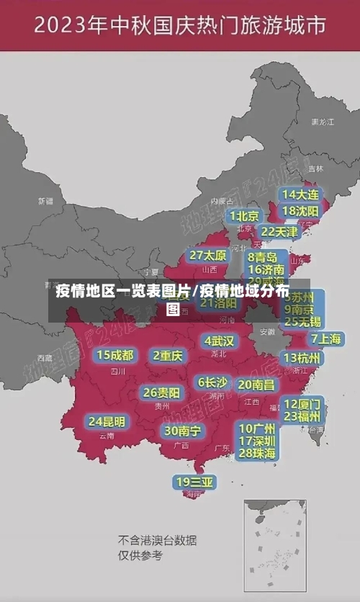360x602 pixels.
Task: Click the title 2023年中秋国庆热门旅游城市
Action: point(179,27)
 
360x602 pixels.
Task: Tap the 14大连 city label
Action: point(301,194)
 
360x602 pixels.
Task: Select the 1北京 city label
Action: point(245,216)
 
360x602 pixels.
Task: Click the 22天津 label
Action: point(279,232)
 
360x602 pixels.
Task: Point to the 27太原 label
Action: point(208,256)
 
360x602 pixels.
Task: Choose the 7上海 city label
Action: point(326,338)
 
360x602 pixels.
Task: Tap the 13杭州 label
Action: point(303,358)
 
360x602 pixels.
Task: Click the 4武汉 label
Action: point(219,341)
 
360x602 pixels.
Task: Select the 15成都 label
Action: point(115,355)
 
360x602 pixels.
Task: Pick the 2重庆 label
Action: point(168,355)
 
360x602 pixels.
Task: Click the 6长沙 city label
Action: point(212,382)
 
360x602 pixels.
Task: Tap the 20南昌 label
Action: point(256,385)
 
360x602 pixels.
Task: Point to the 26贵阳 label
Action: point(161,392)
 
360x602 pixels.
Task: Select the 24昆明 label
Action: point(107,421)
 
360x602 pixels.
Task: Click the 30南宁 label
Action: point(182,431)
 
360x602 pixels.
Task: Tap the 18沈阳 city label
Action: point(301,211)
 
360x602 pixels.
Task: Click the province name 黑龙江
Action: point(322,122)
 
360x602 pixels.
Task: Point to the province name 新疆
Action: point(45,201)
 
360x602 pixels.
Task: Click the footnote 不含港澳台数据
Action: point(158,540)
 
